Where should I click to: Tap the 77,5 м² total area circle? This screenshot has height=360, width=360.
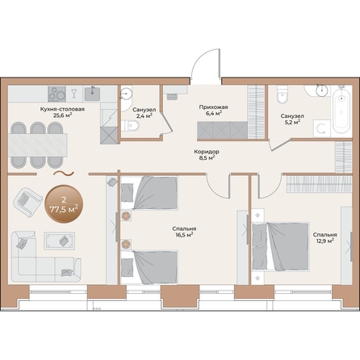[64, 204]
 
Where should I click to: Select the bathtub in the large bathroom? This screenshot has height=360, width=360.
[341, 111]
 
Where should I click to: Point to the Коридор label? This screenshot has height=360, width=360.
[207, 152]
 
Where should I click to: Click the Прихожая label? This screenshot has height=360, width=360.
[213, 107]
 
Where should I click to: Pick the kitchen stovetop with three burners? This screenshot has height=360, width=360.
[57, 94]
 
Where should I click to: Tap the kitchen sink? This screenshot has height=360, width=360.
[92, 94]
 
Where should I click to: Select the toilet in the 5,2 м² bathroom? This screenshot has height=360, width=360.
[283, 94]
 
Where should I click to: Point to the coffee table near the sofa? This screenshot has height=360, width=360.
[60, 241]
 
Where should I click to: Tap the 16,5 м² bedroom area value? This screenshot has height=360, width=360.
[184, 235]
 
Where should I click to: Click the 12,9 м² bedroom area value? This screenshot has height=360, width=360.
[325, 241]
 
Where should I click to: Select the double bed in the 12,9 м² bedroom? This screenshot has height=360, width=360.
[280, 246]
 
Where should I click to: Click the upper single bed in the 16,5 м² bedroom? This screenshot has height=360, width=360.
[149, 192]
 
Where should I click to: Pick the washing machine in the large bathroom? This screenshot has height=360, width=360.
[321, 128]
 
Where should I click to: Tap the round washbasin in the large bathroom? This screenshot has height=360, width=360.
[322, 90]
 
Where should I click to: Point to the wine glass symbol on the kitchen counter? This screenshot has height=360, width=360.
[73, 94]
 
